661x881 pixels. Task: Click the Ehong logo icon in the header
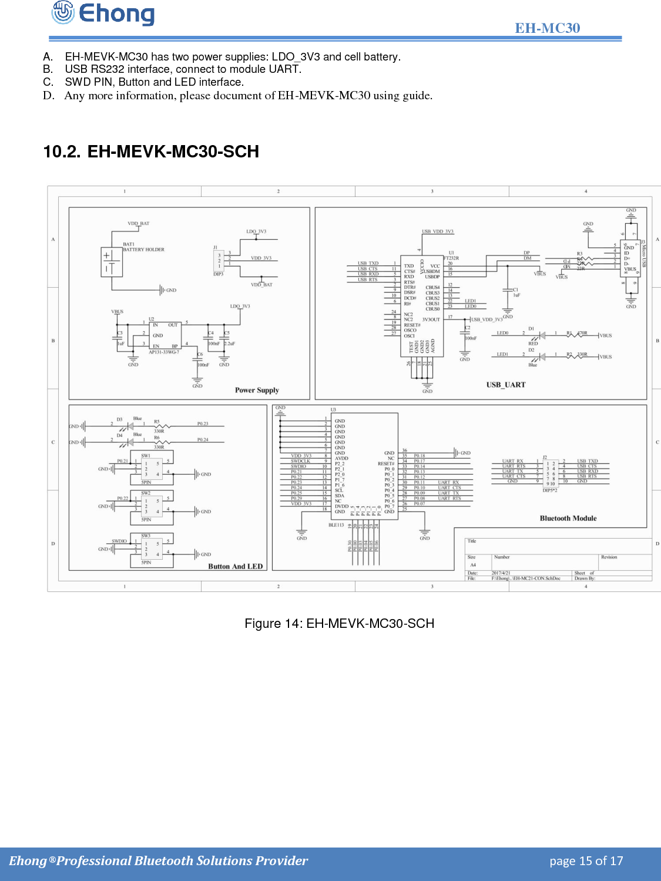tap(63, 12)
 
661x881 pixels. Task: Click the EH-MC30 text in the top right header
tap(547, 28)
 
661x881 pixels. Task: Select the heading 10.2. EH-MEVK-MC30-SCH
tap(151, 152)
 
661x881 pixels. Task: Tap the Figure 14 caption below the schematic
tap(339, 624)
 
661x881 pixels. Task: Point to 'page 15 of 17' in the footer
tap(586, 861)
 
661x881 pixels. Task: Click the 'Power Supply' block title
tap(257, 390)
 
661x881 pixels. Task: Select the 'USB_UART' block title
tap(505, 385)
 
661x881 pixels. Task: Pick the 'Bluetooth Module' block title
tap(568, 518)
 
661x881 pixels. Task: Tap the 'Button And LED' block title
tap(235, 566)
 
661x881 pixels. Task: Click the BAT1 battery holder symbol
tap(112, 262)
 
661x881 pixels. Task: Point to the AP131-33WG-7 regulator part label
tap(164, 352)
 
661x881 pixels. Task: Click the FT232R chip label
tap(451, 258)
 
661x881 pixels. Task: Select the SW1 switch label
tap(146, 455)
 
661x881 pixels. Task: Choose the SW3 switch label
tap(146, 536)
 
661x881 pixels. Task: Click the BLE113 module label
tap(336, 525)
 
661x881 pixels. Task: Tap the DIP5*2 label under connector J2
tap(550, 490)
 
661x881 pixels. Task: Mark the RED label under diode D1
tap(533, 344)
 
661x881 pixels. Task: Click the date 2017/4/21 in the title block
tap(501, 573)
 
